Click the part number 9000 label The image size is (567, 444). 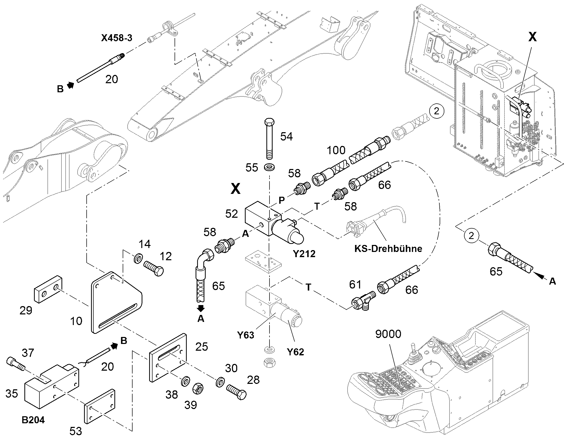click(x=388, y=334)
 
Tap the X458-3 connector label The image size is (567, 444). click(x=116, y=38)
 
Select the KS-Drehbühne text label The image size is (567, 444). click(x=388, y=249)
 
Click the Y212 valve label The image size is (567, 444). click(x=304, y=253)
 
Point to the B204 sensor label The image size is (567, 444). click(x=33, y=420)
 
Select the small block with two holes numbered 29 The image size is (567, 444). click(x=48, y=289)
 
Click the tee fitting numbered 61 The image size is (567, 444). click(x=363, y=301)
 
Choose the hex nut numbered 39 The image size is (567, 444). click(x=198, y=389)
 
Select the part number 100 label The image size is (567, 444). click(x=336, y=150)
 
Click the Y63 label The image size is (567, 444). click(x=246, y=335)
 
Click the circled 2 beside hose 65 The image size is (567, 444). click(x=471, y=236)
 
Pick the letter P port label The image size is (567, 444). click(x=281, y=200)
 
